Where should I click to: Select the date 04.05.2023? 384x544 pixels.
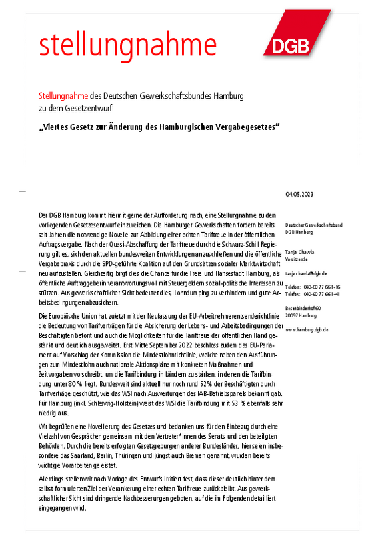(298, 195)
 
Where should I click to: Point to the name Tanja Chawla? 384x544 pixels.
(299, 252)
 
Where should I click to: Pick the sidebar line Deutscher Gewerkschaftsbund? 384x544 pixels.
(313, 225)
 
